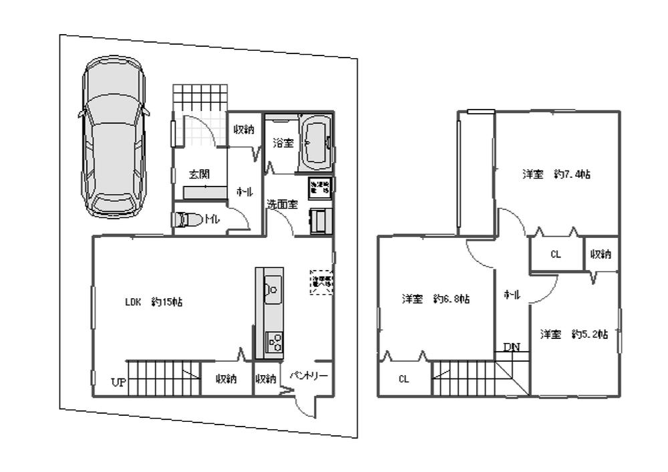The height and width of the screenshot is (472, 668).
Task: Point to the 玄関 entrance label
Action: click(198, 174)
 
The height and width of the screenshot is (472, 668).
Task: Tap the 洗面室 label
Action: click(282, 205)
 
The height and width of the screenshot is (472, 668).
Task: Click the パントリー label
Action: click(308, 376)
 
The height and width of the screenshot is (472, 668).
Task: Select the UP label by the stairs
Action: click(119, 382)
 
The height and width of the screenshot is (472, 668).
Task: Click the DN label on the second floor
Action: click(512, 347)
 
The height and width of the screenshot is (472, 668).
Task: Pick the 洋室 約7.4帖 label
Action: click(556, 174)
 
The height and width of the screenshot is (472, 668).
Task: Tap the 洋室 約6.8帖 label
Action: click(435, 299)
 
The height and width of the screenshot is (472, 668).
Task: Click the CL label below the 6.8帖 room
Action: click(403, 379)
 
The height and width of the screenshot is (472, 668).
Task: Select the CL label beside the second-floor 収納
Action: click(555, 254)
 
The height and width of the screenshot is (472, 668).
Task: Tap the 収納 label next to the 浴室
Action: click(243, 130)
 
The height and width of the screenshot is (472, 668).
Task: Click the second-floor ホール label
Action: click(512, 294)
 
